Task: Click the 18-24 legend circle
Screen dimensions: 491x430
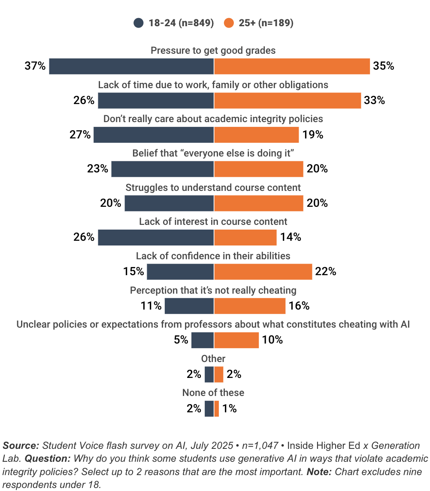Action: click(x=139, y=23)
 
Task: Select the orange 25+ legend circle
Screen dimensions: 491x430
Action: click(x=229, y=23)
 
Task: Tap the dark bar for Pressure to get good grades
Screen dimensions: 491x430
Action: click(x=131, y=66)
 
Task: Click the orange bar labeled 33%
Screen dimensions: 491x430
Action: click(x=288, y=101)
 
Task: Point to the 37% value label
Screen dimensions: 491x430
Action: click(x=35, y=66)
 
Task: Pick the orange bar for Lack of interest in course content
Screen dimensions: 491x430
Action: click(x=245, y=237)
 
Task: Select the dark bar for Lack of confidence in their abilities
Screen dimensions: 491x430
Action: click(x=180, y=272)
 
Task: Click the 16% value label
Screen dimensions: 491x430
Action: click(x=299, y=306)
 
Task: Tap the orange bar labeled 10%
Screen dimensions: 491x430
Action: click(x=236, y=340)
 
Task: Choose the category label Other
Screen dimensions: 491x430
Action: click(x=213, y=359)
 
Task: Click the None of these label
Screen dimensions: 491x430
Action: click(x=213, y=393)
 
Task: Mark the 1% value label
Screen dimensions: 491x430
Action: click(x=230, y=408)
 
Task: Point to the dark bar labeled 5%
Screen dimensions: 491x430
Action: click(x=203, y=340)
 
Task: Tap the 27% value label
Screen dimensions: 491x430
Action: click(x=80, y=135)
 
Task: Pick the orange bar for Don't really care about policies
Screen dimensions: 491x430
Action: click(x=256, y=135)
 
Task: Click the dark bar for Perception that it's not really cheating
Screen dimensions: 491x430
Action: click(x=189, y=306)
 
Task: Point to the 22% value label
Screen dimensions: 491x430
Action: click(x=325, y=272)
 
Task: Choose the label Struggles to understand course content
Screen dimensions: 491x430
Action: click(x=213, y=187)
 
